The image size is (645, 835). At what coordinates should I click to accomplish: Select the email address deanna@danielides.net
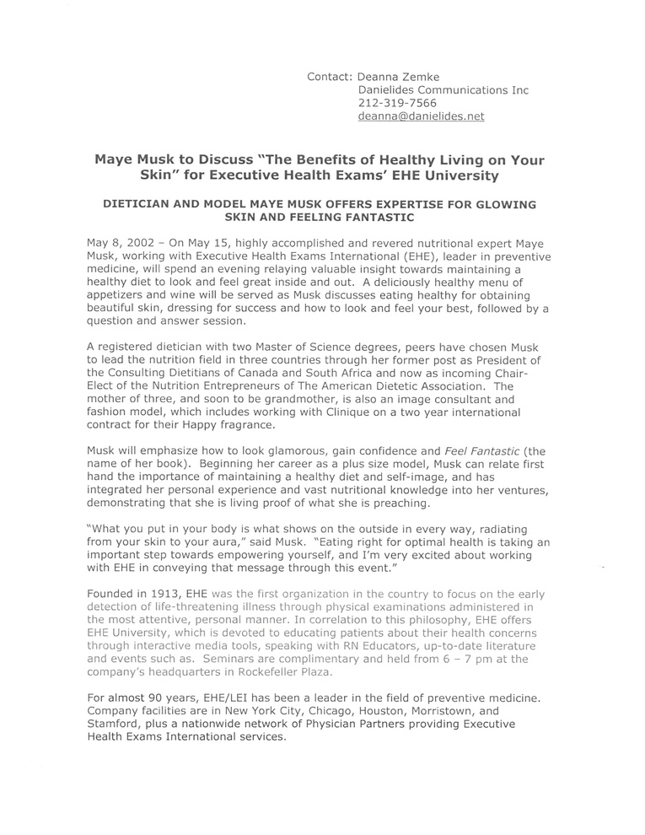[421, 117]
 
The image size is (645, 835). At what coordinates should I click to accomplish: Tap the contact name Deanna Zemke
[400, 77]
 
